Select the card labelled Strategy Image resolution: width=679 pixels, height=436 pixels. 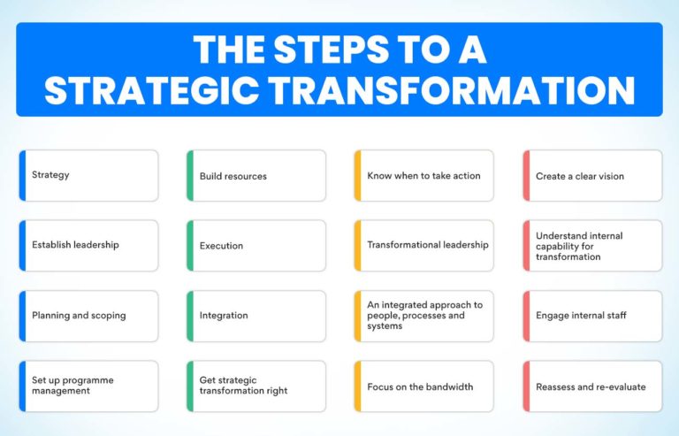coord(88,175)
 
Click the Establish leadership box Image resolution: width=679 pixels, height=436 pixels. coord(88,245)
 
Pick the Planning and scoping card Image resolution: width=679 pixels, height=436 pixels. coord(88,315)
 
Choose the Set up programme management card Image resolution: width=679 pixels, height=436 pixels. coord(88,386)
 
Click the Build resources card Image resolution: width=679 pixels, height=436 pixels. coord(256,176)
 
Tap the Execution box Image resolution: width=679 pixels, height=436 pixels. coord(256,245)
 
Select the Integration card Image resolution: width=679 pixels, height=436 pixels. coord(256,315)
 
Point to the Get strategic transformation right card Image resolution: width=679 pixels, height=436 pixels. coord(256,386)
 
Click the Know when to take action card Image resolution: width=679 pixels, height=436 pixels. coord(424,176)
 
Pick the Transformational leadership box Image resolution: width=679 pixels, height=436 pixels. coord(424,245)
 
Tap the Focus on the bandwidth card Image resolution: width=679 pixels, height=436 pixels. coord(424,386)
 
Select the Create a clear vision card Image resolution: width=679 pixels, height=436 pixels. coord(592,176)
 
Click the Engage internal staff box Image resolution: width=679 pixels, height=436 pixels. coord(592,315)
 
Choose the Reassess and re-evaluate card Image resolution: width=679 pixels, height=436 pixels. coord(592,386)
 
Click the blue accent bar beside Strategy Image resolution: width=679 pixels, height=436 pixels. coord(22,175)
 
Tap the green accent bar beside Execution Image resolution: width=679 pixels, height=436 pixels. coord(190,245)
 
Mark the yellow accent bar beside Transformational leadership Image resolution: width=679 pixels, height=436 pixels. coord(358,245)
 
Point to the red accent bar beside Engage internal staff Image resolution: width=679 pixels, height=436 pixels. coord(526,315)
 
